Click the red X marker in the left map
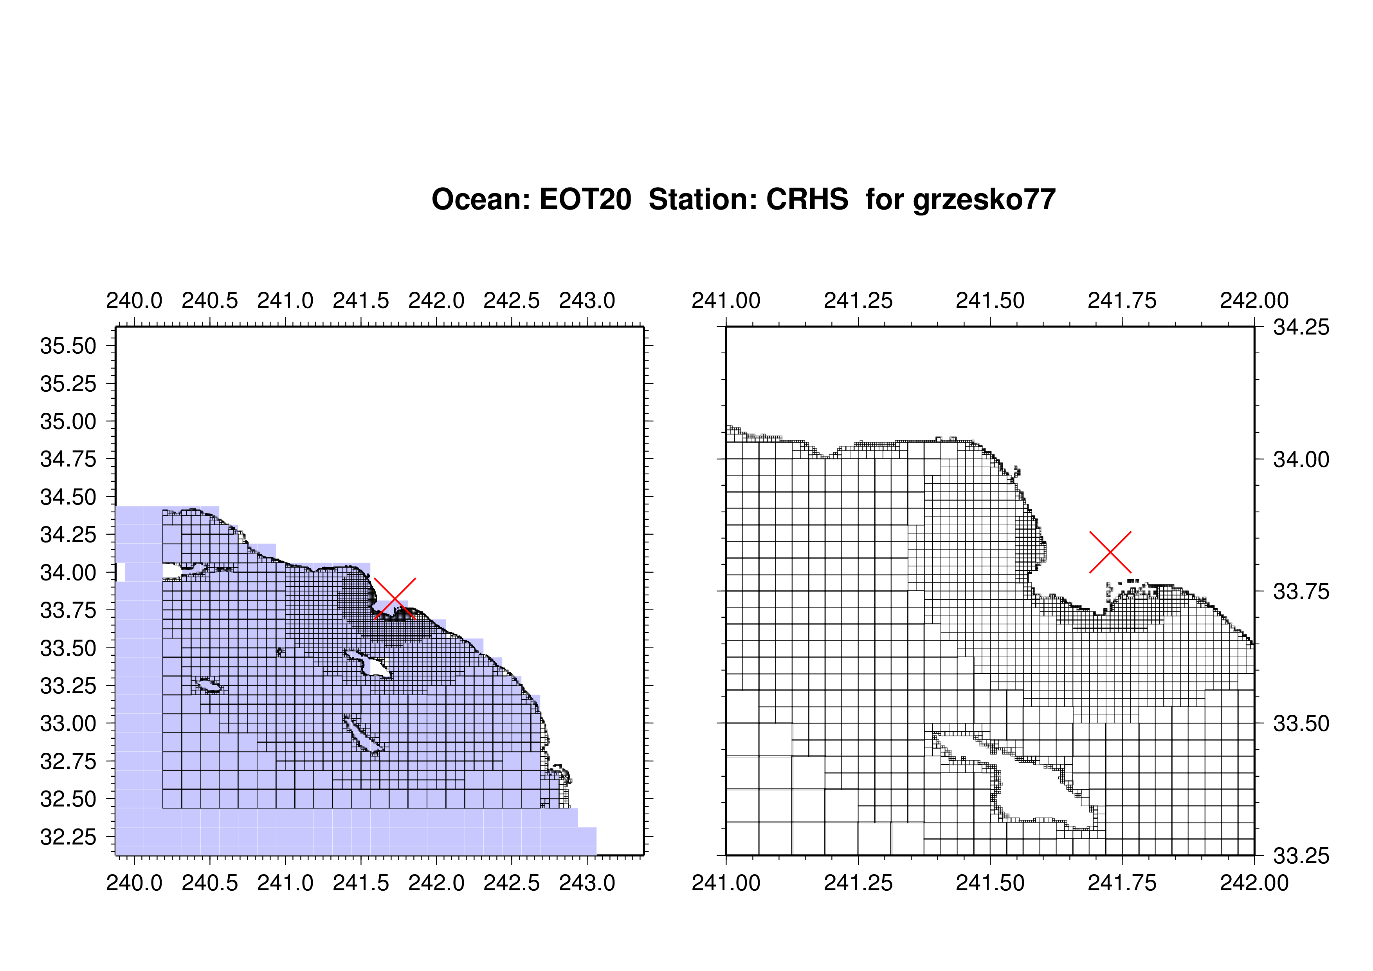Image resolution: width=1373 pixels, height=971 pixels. [395, 598]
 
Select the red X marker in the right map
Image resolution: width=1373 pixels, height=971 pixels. [1110, 551]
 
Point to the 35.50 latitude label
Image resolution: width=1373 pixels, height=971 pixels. [68, 346]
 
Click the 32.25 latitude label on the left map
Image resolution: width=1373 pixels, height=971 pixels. [68, 837]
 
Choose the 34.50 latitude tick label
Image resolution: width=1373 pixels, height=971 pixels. [68, 497]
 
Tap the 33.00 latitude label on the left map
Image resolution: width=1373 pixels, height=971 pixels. [68, 724]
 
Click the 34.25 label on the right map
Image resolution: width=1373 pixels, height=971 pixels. [1301, 327]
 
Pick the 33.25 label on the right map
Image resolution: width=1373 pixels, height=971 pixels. [1301, 856]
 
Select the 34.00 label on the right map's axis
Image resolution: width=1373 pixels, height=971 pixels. [1301, 459]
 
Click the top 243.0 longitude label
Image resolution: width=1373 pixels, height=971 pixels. [587, 300]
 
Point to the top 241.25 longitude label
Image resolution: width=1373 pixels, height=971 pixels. [858, 300]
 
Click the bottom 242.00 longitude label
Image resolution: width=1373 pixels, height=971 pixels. [1254, 883]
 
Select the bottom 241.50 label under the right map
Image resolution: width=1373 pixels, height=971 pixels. [990, 883]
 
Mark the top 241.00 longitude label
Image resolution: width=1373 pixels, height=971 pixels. [726, 300]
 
